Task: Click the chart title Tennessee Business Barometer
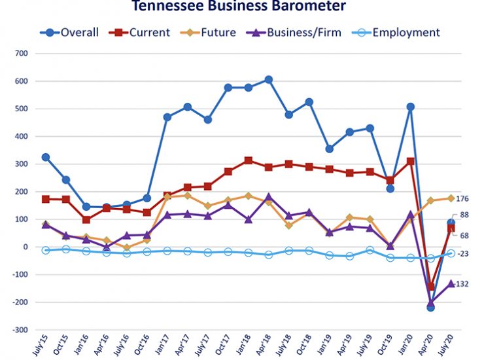238,7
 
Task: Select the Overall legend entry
68,32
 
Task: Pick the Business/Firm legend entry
294,32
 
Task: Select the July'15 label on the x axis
41,345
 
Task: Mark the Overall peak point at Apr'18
268,80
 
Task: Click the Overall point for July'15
46,157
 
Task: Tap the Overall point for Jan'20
411,107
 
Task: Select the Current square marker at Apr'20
431,287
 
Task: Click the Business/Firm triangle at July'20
451,283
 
